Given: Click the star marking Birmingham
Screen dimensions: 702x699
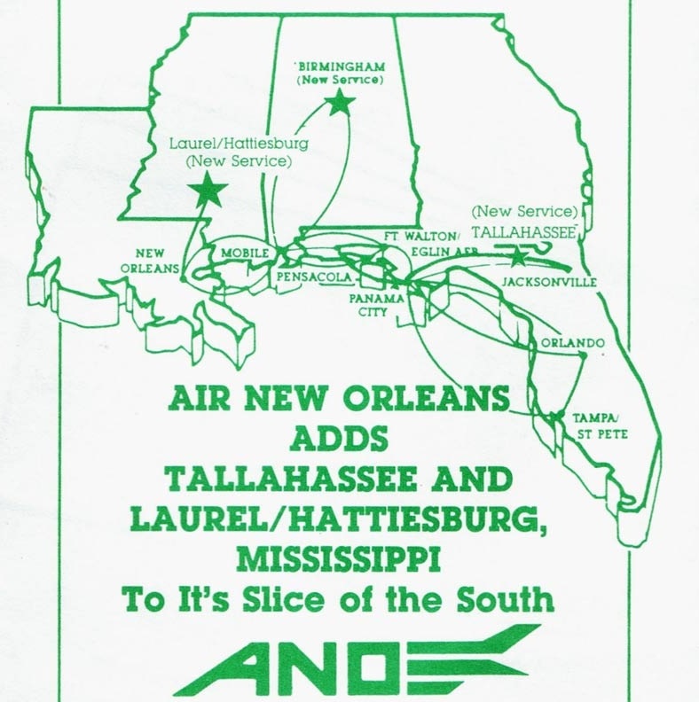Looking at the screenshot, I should [338, 104].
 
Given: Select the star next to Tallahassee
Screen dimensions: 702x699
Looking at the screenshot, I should [516, 255].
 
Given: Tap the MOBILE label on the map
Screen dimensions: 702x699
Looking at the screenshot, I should [244, 253].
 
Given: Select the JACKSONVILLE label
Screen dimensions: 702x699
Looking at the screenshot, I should [548, 282].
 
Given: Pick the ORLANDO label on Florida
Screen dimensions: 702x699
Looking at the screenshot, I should [571, 343].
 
